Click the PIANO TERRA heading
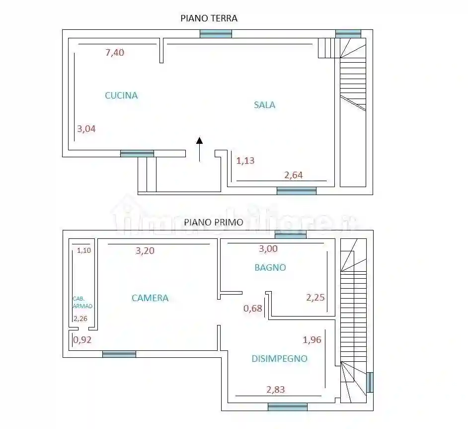(x=209, y=18)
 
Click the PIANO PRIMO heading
(x=214, y=222)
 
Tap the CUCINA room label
(x=121, y=96)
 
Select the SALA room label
(x=264, y=105)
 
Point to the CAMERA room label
(x=150, y=298)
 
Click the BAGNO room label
(x=270, y=267)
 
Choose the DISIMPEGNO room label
(x=279, y=358)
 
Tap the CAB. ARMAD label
(x=82, y=303)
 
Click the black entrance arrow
(x=199, y=149)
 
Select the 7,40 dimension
(x=115, y=53)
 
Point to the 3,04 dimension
(x=86, y=129)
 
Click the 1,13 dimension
(x=245, y=161)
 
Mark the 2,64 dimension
(x=293, y=175)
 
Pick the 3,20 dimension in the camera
(x=145, y=251)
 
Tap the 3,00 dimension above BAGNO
(x=268, y=249)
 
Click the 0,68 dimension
(x=252, y=309)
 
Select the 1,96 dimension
(x=312, y=340)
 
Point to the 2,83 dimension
(x=276, y=390)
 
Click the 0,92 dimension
(x=82, y=340)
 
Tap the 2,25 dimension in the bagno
(x=315, y=298)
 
